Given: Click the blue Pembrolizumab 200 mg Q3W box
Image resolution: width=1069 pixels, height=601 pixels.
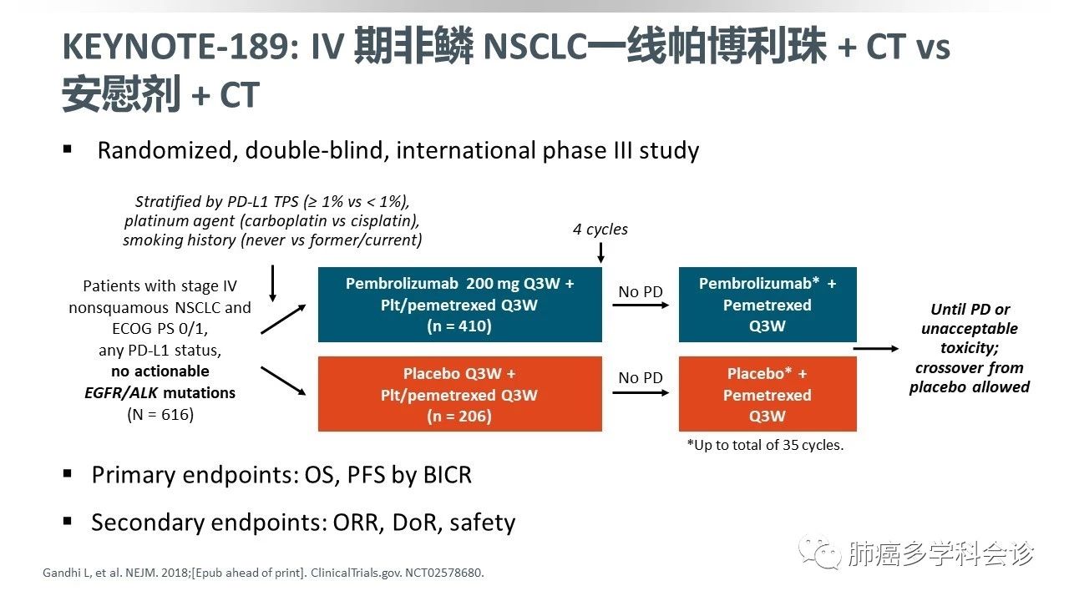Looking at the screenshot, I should pyautogui.click(x=459, y=305).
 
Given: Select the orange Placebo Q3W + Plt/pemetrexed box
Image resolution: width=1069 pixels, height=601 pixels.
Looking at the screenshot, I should pyautogui.click(x=459, y=394).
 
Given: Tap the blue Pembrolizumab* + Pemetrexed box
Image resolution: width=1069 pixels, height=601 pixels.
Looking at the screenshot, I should pyautogui.click(x=767, y=305).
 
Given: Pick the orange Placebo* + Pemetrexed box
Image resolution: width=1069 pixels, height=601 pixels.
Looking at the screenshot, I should pyautogui.click(x=767, y=394).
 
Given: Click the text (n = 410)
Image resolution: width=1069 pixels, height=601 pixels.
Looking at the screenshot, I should pyautogui.click(x=459, y=326).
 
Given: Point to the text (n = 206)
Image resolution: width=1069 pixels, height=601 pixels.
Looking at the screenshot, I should pyautogui.click(x=459, y=417).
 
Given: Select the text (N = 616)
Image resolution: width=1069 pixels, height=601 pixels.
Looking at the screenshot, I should pyautogui.click(x=160, y=414).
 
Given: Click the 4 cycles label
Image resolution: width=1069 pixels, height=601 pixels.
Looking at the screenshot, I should pyautogui.click(x=600, y=229).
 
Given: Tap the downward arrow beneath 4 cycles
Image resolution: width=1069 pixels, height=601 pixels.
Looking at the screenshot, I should pyautogui.click(x=600, y=251).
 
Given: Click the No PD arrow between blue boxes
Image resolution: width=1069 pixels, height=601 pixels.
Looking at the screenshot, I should pyautogui.click(x=641, y=306).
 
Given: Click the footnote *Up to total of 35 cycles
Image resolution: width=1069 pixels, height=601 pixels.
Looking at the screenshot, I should pyautogui.click(x=765, y=445).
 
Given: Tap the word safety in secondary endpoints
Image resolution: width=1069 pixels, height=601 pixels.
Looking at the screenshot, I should pyautogui.click(x=482, y=523).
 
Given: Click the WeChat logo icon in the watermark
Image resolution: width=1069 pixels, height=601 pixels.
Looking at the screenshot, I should pyautogui.click(x=818, y=553).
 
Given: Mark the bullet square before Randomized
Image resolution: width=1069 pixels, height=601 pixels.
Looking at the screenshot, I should pyautogui.click(x=68, y=150).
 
